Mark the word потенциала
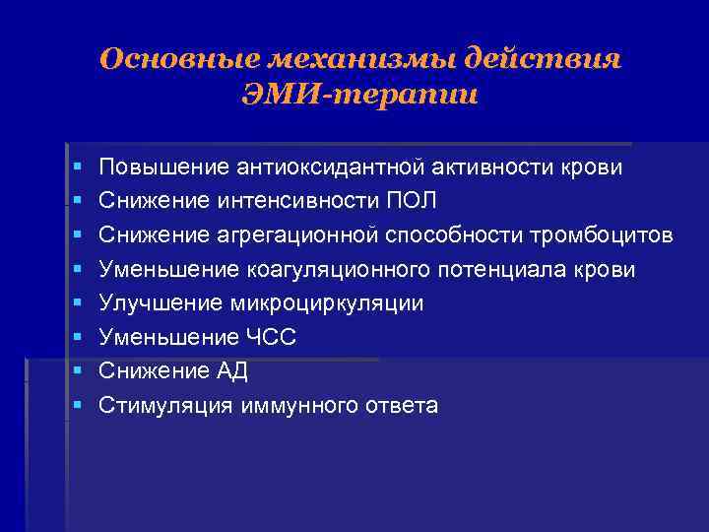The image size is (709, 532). (501, 270)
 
